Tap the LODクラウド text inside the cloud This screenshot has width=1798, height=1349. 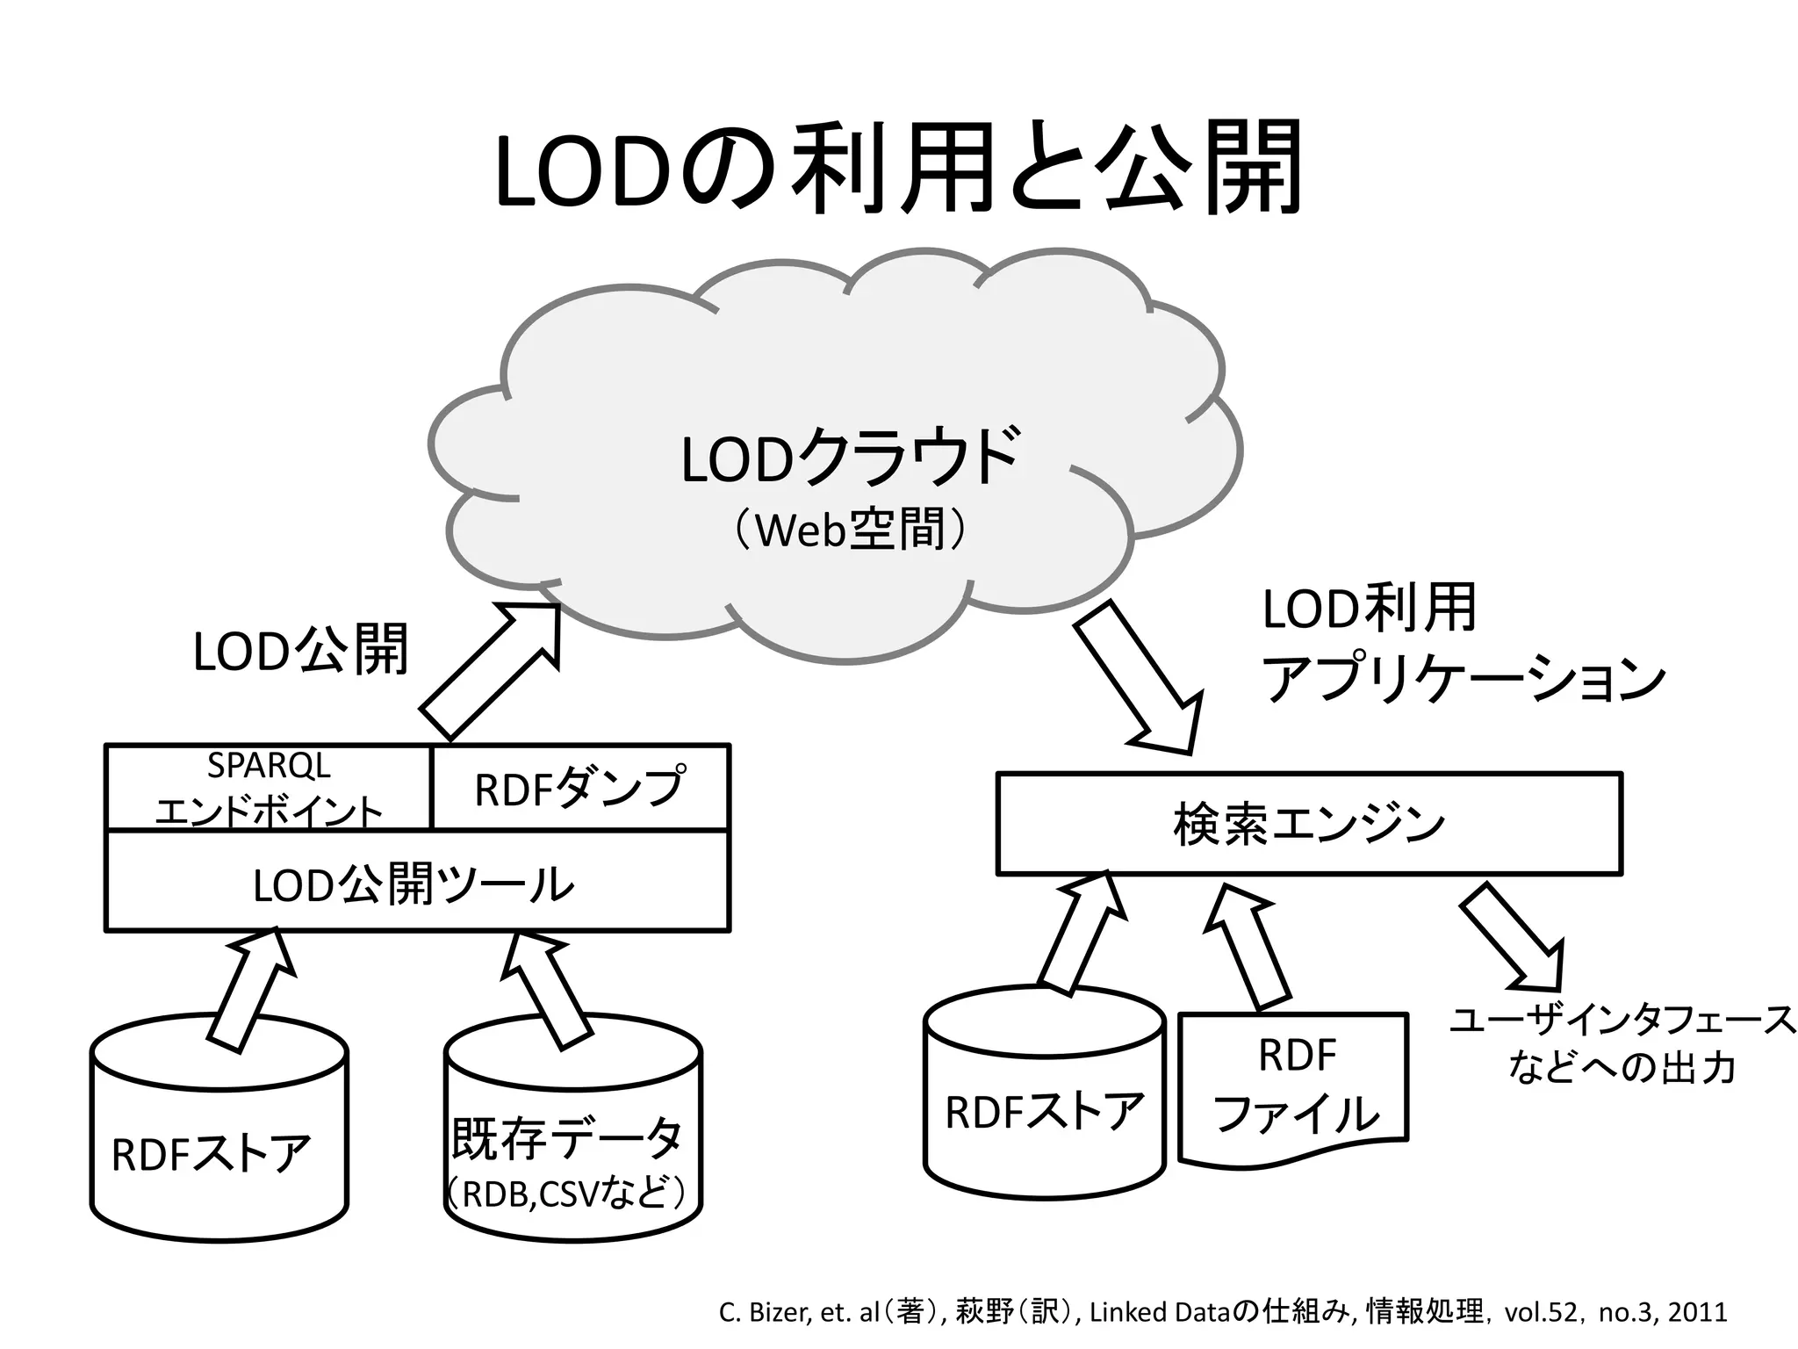pos(850,458)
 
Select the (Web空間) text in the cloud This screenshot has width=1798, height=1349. pos(850,530)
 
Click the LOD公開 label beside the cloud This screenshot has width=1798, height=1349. pos(300,651)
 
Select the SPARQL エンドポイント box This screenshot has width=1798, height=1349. pos(269,788)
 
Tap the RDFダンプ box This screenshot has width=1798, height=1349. pos(580,788)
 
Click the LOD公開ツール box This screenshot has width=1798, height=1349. pos(416,883)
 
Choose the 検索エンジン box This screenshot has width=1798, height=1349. pos(1308,824)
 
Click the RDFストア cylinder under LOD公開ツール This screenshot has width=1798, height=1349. pos(219,1142)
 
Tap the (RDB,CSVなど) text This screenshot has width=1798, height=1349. pos(566,1194)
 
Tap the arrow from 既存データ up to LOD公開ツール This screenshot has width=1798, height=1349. pos(544,988)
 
